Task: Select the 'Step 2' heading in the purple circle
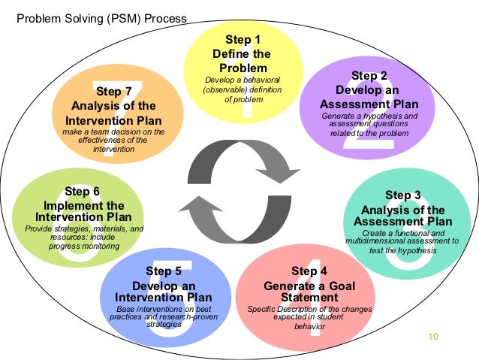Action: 369,76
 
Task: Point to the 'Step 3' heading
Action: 402,196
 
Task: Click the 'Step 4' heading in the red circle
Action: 309,271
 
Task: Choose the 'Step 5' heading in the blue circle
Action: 163,271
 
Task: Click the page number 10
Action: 431,335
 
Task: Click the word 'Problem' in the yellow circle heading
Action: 242,68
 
